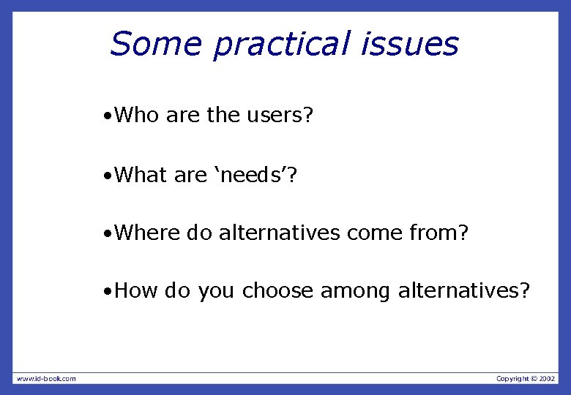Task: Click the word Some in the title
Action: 156,44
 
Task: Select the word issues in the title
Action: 409,45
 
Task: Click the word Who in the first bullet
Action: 138,115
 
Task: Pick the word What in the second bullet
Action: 141,175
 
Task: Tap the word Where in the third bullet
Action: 148,233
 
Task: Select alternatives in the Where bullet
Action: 280,233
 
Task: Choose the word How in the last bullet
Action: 137,291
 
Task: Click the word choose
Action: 278,291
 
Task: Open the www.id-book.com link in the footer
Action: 46,378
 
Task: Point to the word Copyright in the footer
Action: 512,378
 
